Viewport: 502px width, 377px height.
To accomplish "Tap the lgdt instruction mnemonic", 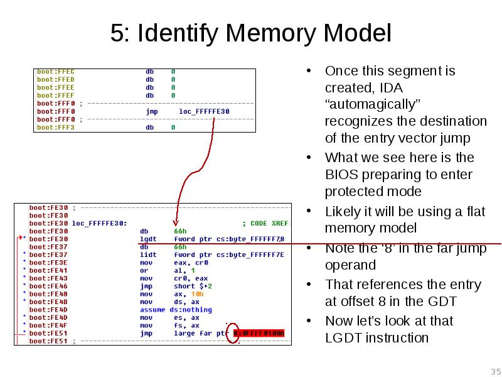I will tap(148, 239).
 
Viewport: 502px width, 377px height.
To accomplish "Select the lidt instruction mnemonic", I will tap(148, 254).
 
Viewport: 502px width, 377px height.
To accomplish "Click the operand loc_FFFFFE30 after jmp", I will tap(204, 111).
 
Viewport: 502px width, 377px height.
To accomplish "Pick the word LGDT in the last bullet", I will tap(343, 338).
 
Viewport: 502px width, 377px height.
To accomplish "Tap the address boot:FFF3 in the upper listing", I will tap(56, 128).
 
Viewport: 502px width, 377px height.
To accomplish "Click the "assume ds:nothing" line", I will tap(176, 310).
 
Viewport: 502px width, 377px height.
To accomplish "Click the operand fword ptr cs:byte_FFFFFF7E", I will tap(229, 254).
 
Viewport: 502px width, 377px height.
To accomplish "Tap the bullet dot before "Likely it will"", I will tap(309, 211).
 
